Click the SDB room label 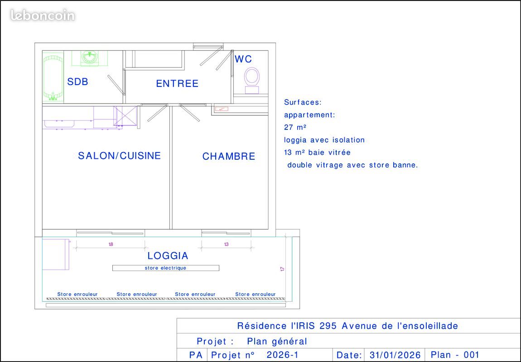(x=77, y=82)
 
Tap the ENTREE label (x=177, y=84)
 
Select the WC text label (x=243, y=59)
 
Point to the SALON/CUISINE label (x=119, y=156)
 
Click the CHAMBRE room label (x=229, y=157)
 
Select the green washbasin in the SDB (x=90, y=57)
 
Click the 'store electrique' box (x=166, y=268)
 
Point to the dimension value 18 (x=111, y=244)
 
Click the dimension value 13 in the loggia (x=227, y=244)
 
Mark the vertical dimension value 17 (x=282, y=268)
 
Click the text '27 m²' (x=295, y=128)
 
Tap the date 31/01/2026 (x=395, y=355)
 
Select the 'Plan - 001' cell (x=455, y=355)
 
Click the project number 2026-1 (x=282, y=355)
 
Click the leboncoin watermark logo (x=43, y=16)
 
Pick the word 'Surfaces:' (x=303, y=103)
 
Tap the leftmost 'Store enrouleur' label (x=77, y=294)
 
